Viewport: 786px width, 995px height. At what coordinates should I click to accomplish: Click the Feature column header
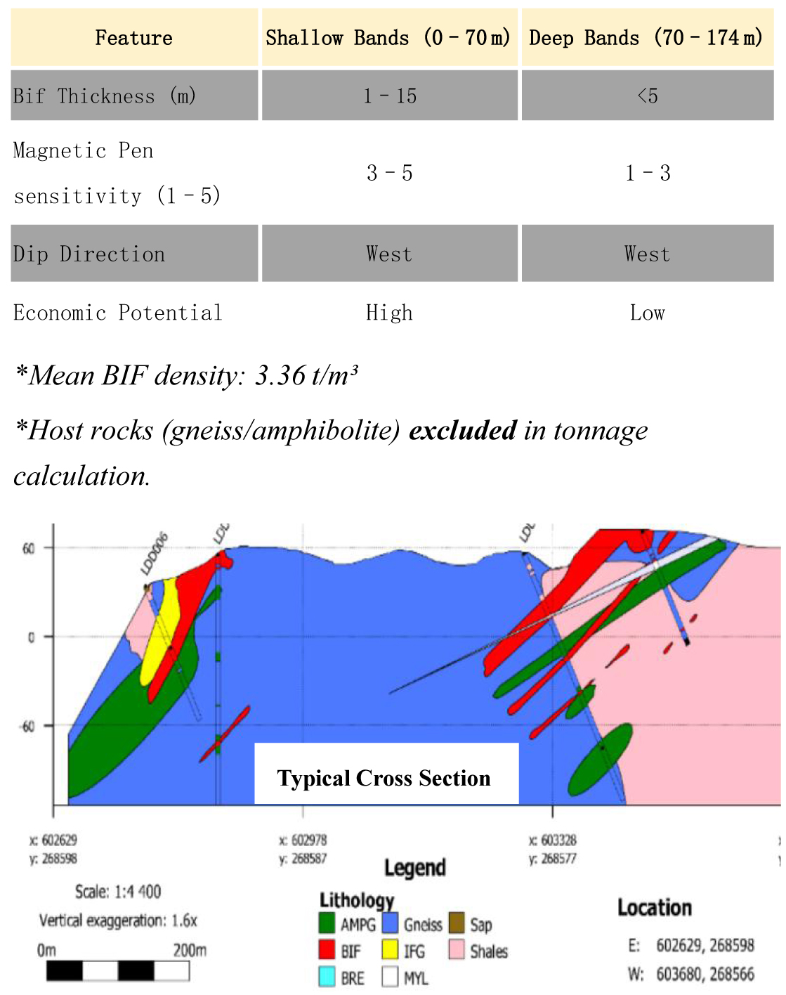[x=133, y=38]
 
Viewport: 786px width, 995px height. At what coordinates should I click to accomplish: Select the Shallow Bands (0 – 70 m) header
[x=388, y=38]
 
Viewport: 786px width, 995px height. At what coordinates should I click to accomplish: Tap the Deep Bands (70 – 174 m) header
[x=646, y=38]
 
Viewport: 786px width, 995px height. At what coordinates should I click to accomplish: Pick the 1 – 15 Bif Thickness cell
[x=390, y=96]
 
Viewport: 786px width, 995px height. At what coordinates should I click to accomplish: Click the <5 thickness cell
[x=647, y=96]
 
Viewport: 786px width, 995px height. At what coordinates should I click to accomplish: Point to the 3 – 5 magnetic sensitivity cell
[x=390, y=173]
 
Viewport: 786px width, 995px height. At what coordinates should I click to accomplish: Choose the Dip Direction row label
[x=89, y=254]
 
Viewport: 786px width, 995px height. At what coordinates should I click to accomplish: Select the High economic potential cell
[x=390, y=313]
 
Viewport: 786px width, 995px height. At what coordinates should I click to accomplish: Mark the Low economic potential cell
[x=647, y=313]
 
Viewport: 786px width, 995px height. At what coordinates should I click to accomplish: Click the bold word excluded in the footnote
[x=463, y=430]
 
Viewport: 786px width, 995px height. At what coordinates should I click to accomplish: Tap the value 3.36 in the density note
[x=280, y=376]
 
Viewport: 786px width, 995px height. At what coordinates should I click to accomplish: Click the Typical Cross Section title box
[x=386, y=776]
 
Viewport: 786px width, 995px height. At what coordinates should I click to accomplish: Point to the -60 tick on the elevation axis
[x=27, y=726]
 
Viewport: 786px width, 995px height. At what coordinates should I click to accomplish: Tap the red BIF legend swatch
[x=327, y=950]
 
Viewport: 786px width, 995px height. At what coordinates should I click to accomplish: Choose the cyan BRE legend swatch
[x=327, y=977]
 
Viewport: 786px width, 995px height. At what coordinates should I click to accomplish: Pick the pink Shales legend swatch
[x=457, y=950]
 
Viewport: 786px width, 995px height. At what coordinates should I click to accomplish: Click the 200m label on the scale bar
[x=190, y=951]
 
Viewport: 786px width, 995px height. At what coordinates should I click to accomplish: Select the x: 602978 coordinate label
[x=303, y=840]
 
